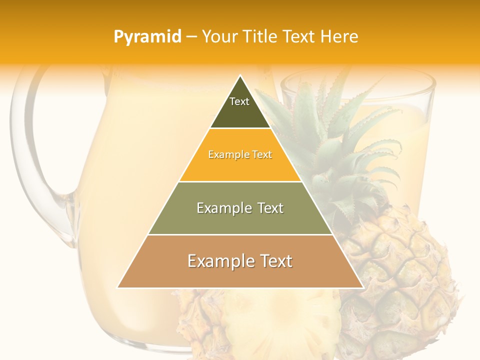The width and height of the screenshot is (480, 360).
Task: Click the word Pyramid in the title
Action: (147, 37)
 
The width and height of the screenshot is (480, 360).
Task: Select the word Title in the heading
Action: (260, 36)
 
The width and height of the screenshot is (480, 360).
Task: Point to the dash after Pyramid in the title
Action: (191, 37)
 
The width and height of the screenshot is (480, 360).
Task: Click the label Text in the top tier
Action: (239, 101)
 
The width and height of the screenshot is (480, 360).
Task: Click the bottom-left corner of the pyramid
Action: (118, 287)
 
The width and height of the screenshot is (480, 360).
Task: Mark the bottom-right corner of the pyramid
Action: (362, 287)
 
